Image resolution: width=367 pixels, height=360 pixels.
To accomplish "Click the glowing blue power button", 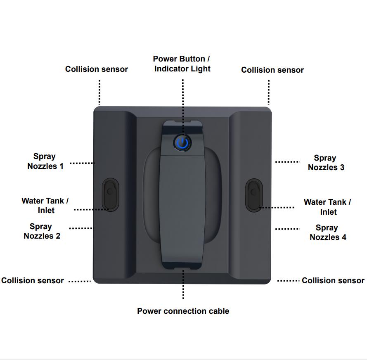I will (182, 143).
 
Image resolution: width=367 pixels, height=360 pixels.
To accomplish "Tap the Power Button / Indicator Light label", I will (182, 64).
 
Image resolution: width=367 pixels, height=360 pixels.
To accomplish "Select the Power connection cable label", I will (183, 311).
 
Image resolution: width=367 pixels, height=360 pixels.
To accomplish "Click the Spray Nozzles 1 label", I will (45, 161).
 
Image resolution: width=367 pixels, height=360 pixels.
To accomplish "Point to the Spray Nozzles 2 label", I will (42, 231).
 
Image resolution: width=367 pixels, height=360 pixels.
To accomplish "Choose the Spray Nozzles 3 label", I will (326, 163).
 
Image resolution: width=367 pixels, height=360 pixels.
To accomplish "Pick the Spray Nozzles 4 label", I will (328, 232).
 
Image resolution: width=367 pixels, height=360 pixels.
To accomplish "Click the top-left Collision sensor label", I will (96, 69).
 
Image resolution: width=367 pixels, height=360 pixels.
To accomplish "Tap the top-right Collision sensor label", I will (272, 70).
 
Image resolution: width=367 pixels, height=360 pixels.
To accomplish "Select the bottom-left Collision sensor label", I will (33, 280).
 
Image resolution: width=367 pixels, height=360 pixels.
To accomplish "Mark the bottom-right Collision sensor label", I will (333, 280).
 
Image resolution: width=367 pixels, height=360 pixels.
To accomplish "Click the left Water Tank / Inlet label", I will (45, 205).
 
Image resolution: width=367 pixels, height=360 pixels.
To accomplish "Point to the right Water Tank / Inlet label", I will (327, 207).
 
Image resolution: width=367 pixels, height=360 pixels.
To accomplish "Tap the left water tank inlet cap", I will (110, 194).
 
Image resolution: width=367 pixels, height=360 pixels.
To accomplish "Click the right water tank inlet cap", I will (254, 195).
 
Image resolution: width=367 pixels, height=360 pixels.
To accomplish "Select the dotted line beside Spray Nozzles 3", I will (287, 162).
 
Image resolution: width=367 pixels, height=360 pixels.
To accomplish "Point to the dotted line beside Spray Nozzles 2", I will (81, 228).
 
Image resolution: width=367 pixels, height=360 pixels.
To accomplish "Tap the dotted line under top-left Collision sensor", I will (99, 92).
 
